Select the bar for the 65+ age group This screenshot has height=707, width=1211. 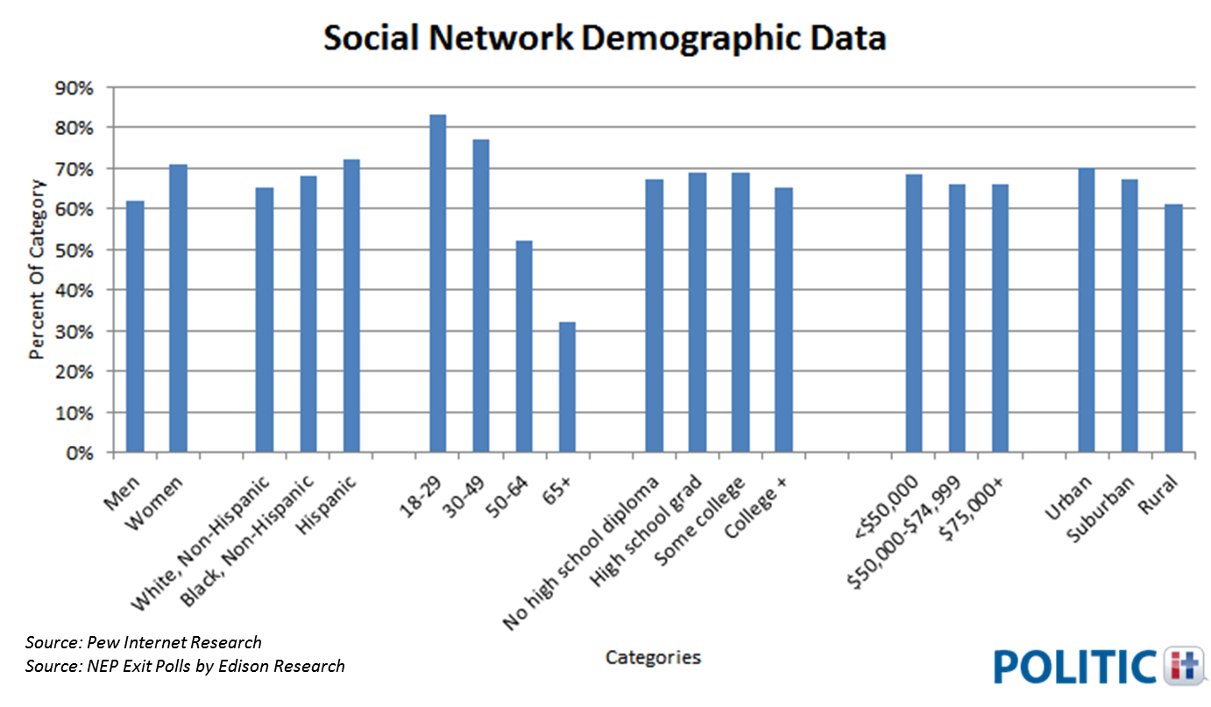tap(568, 387)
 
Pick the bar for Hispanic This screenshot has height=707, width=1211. tap(351, 306)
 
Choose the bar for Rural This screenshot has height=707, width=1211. tap(1172, 329)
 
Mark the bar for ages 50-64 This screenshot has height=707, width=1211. tap(524, 347)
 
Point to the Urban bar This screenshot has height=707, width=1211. tap(1087, 310)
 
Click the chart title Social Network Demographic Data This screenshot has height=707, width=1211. tap(605, 39)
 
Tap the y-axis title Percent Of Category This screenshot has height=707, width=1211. tap(37, 269)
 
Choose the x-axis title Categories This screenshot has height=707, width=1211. tap(653, 657)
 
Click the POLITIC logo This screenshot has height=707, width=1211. tap(1101, 666)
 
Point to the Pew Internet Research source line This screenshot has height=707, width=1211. tap(144, 642)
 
